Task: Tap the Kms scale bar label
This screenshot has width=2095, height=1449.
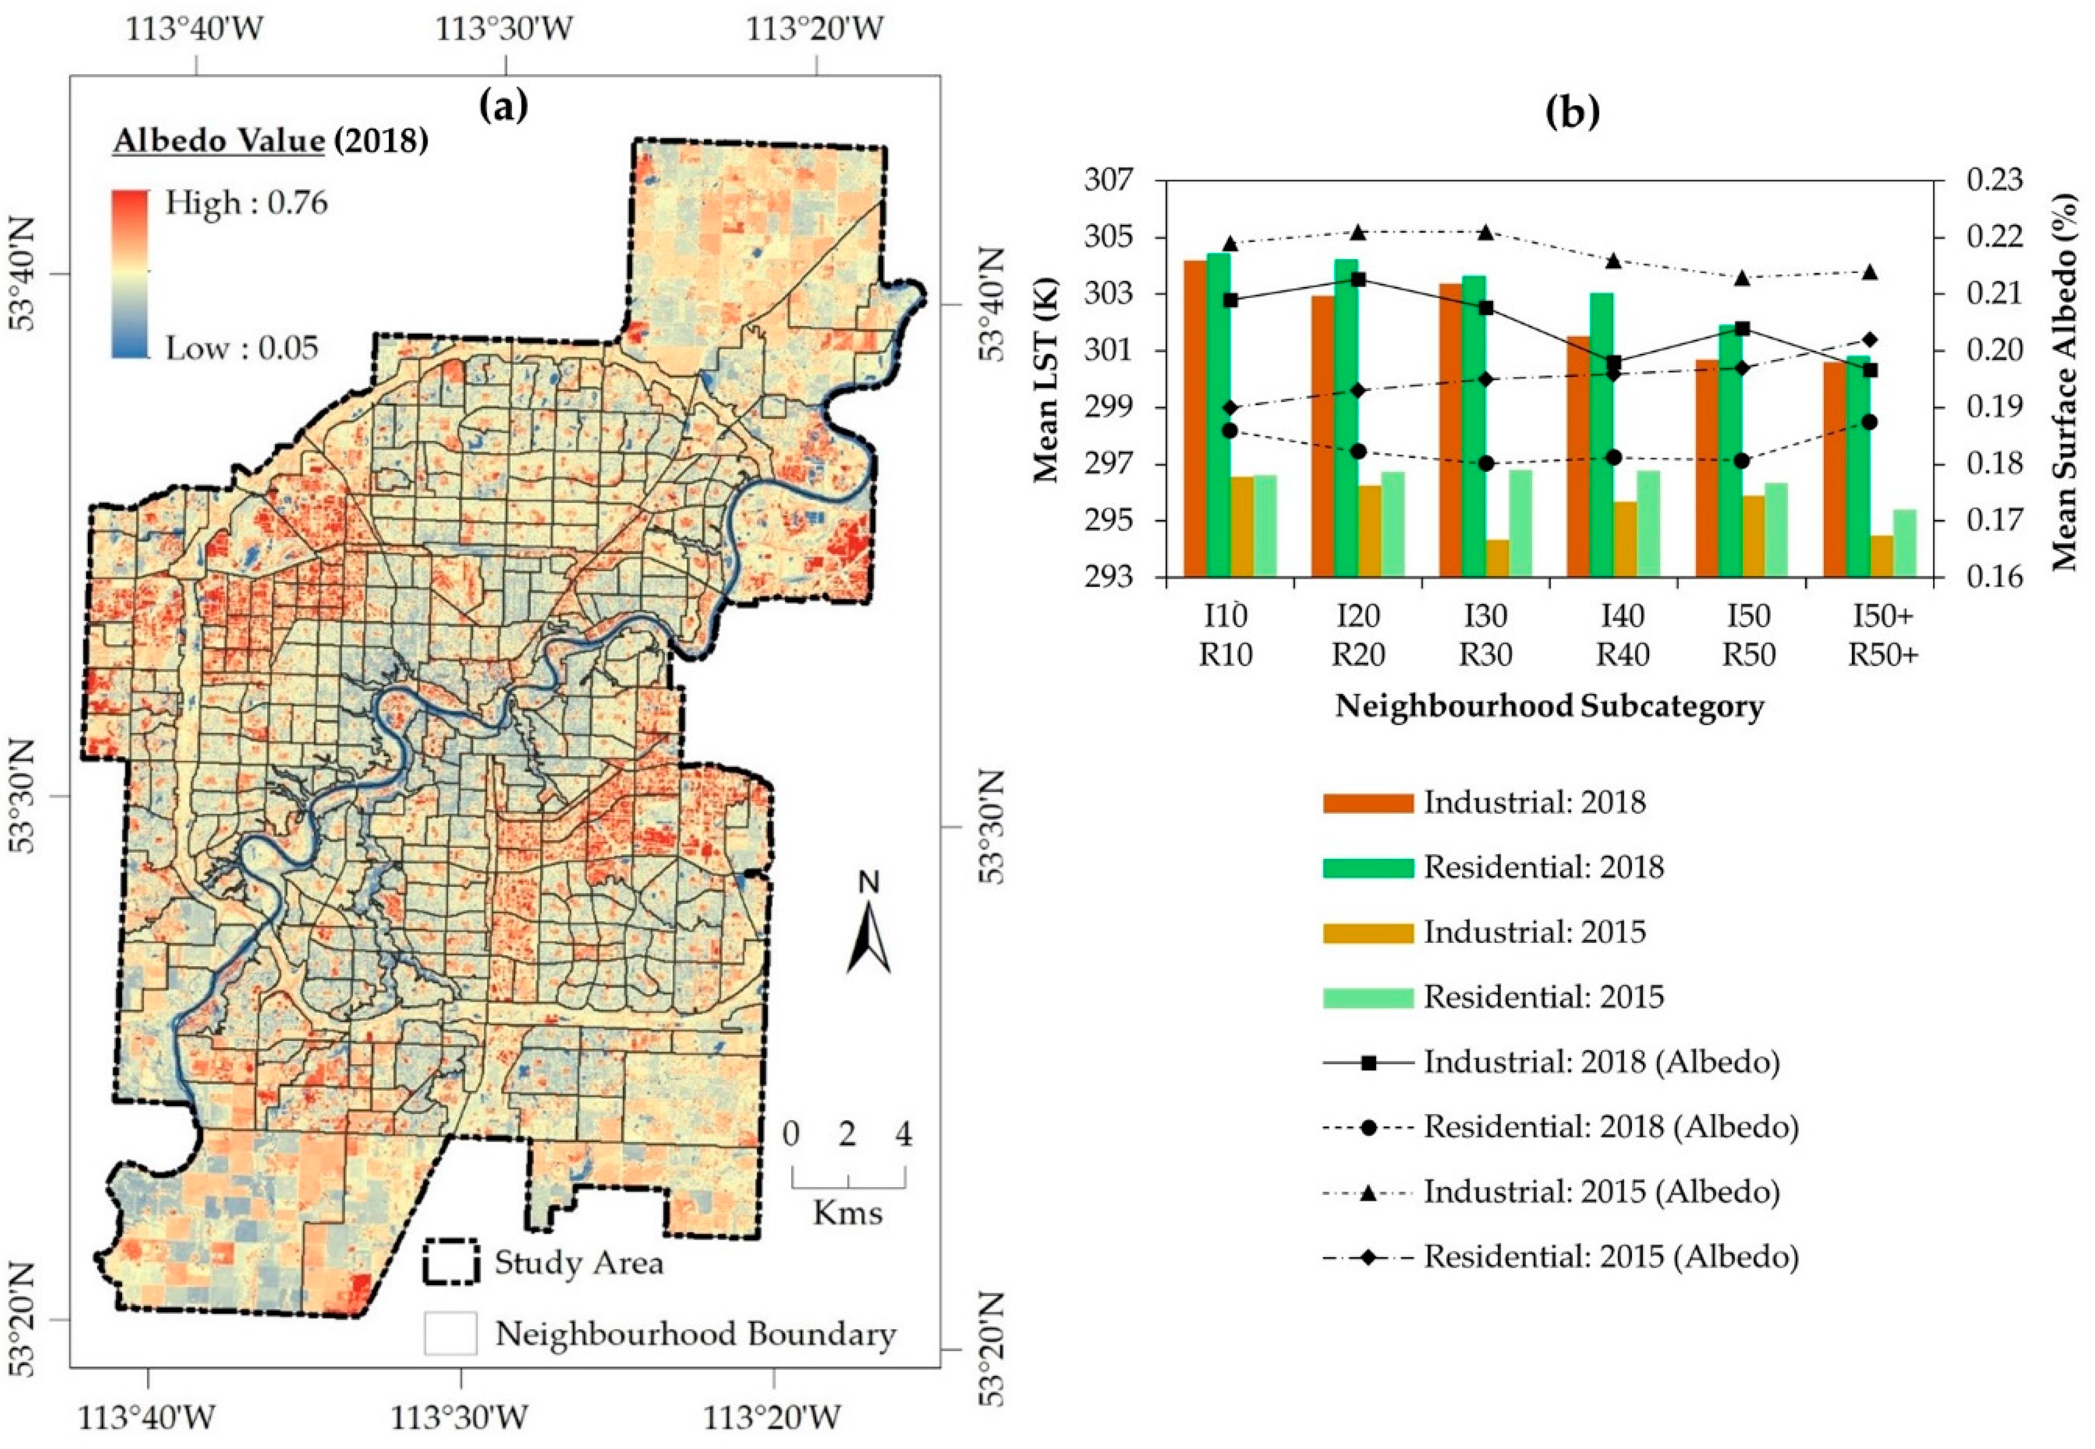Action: click(x=847, y=1213)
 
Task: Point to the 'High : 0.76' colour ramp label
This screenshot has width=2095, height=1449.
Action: click(x=245, y=203)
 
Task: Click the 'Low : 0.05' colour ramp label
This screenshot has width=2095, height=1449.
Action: click(x=241, y=348)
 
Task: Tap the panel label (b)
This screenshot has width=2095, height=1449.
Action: click(x=1572, y=111)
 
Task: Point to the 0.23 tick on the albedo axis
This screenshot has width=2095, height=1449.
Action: click(x=1994, y=179)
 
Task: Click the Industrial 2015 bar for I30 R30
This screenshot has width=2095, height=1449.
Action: click(x=1497, y=558)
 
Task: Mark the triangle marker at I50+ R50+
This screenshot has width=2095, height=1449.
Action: click(x=1870, y=272)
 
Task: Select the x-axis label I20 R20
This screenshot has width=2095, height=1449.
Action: click(x=1357, y=635)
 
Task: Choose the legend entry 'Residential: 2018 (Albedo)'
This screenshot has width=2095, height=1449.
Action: click(x=1610, y=1127)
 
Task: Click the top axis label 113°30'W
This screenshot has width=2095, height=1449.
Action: click(x=504, y=29)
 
